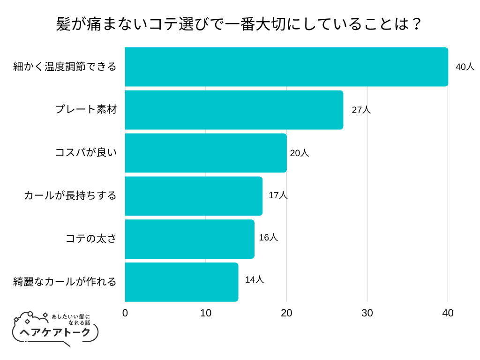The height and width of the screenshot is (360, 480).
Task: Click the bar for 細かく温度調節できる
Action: [x=286, y=67]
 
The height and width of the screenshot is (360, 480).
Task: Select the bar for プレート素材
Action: [x=234, y=110]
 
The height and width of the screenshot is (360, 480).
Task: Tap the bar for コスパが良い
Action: [x=206, y=153]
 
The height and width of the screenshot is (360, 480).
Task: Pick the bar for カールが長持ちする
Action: [x=194, y=196]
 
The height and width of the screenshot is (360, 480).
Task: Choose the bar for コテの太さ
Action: [x=189, y=239]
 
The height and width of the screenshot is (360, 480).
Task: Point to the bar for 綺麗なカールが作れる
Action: [x=181, y=282]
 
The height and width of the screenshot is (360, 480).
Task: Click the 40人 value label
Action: [x=465, y=67]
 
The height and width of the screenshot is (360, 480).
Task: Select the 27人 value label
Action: [x=361, y=110]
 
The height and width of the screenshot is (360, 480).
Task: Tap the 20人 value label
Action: [x=300, y=153]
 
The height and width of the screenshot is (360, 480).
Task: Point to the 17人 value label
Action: [x=278, y=195]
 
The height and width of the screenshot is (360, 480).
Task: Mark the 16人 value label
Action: [x=268, y=237]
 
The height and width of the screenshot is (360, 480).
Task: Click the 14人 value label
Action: [x=255, y=279]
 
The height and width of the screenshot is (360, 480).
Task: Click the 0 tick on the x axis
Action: [x=125, y=313]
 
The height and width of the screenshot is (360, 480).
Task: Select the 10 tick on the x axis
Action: [x=206, y=313]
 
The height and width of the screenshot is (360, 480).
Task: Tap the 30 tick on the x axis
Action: [x=367, y=313]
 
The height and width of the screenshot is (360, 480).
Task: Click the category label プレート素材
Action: [x=86, y=110]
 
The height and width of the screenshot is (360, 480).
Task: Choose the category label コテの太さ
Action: [x=91, y=239]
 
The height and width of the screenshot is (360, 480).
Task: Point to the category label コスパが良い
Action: [x=86, y=153]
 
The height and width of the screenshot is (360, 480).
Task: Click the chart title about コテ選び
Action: [x=240, y=23]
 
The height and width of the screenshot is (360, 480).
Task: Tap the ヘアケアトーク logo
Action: [x=54, y=329]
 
